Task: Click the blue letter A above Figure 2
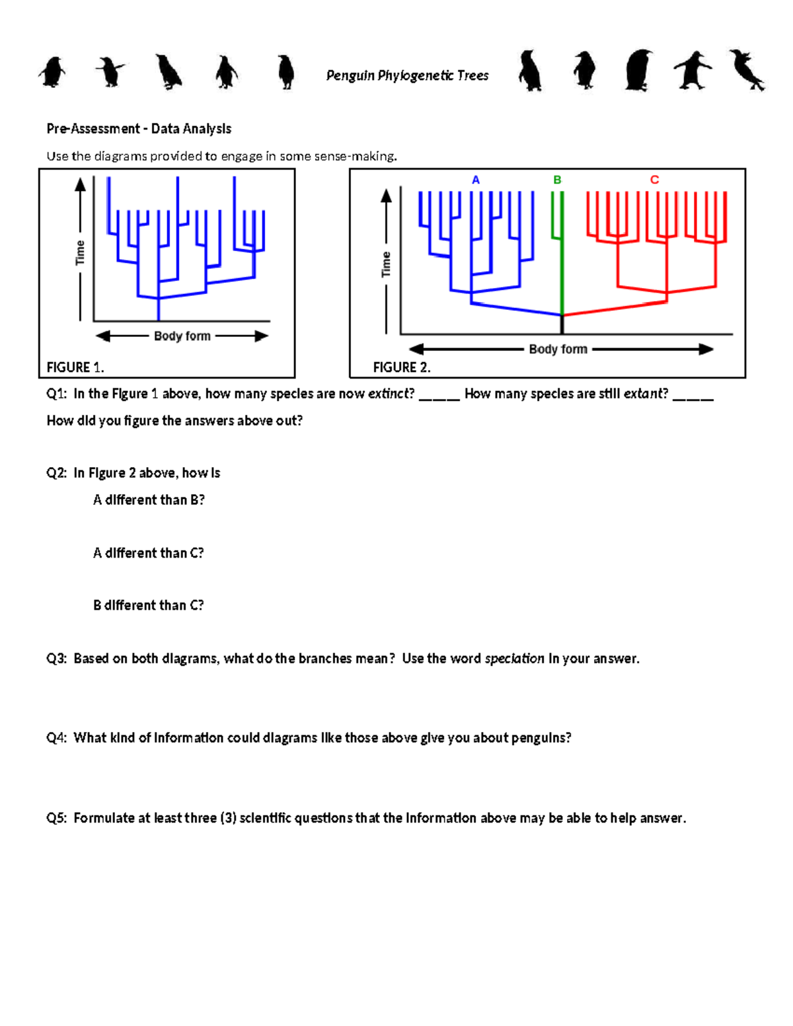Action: pos(476,180)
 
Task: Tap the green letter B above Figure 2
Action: pos(557,180)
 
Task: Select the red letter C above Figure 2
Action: pos(654,180)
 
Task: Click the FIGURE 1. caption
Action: pos(75,367)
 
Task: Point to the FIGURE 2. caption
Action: pos(402,367)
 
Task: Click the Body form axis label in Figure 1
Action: pos(182,336)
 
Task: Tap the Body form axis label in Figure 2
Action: pos(558,349)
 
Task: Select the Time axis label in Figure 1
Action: pos(80,252)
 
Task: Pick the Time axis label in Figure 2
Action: pos(387,264)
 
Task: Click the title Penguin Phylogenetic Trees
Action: pos(407,76)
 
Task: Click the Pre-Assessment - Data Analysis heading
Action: pos(139,129)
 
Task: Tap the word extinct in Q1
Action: pos(391,394)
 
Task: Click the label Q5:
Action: pos(56,818)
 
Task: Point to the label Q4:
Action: pos(56,738)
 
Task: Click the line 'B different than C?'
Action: pos(149,605)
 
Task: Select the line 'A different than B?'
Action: pos(149,500)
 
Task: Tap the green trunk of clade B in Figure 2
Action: pos(562,277)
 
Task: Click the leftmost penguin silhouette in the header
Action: pos(52,71)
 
